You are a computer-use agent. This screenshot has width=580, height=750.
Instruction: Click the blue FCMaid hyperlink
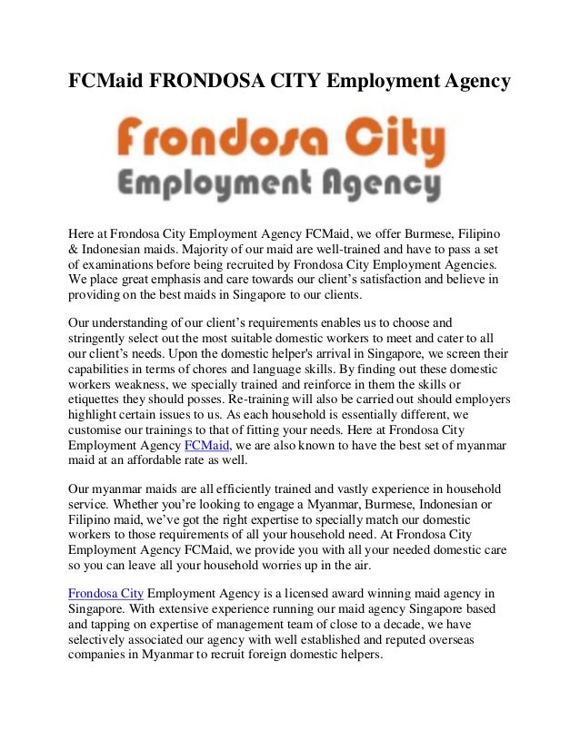[208, 446]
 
